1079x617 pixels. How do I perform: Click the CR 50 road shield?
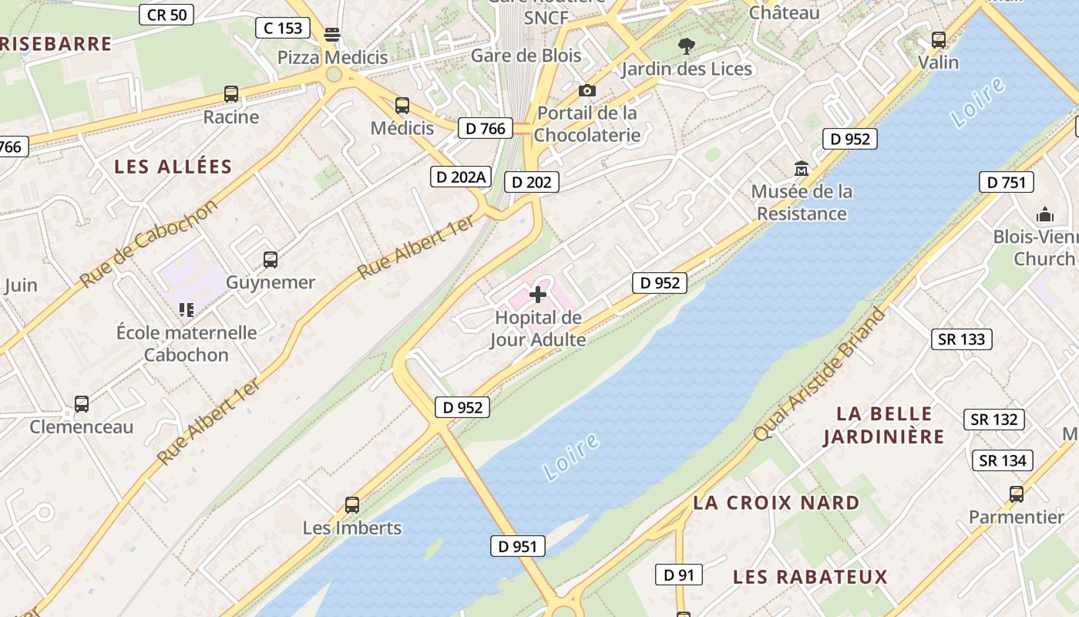click(x=166, y=14)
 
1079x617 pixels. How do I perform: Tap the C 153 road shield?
click(x=283, y=29)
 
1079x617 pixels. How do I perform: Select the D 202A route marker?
click(x=460, y=177)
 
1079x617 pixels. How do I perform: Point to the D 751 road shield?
click(x=1006, y=182)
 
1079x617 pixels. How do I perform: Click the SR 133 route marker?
click(x=962, y=339)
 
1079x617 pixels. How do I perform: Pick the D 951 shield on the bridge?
click(x=517, y=546)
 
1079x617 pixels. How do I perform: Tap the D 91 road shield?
click(x=678, y=574)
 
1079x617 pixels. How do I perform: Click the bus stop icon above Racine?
click(x=231, y=94)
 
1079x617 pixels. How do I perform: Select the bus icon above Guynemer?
click(x=271, y=260)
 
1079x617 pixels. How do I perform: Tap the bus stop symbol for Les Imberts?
click(x=352, y=505)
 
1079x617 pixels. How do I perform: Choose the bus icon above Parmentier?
click(x=1017, y=494)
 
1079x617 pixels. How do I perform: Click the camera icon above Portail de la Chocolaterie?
click(x=587, y=90)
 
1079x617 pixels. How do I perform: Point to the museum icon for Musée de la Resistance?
click(x=802, y=168)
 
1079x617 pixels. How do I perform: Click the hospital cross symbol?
click(x=538, y=294)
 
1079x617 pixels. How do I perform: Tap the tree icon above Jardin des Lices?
click(x=686, y=46)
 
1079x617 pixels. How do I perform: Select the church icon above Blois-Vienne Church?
click(x=1045, y=214)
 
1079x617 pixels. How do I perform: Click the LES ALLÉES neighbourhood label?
click(x=173, y=167)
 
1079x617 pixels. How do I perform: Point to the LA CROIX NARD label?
click(x=776, y=503)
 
